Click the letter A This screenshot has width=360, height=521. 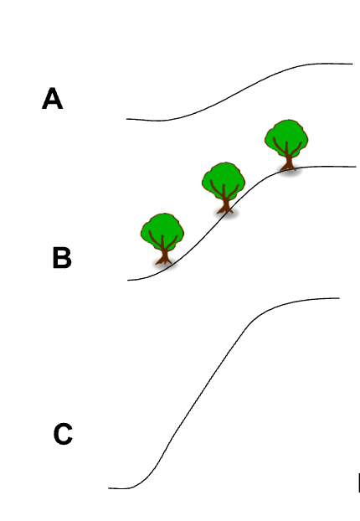pyautogui.click(x=52, y=98)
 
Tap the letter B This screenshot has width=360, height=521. pyautogui.click(x=62, y=257)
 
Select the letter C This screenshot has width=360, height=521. pyautogui.click(x=63, y=434)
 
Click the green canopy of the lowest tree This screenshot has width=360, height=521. pyautogui.click(x=162, y=230)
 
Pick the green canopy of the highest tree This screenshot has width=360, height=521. pyautogui.click(x=286, y=137)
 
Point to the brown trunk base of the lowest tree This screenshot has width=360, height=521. pyautogui.click(x=164, y=259)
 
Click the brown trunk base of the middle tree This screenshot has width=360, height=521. pyautogui.click(x=225, y=208)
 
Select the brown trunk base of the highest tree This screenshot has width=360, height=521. pyautogui.click(x=288, y=165)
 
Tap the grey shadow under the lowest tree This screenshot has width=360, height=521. pyautogui.click(x=165, y=265)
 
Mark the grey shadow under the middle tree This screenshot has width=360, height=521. pyautogui.click(x=227, y=214)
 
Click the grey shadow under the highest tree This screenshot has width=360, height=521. pyautogui.click(x=290, y=171)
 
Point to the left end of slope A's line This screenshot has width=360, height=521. pyautogui.click(x=126, y=119)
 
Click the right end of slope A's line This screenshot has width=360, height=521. pyautogui.click(x=352, y=64)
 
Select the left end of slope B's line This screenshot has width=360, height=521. pyautogui.click(x=128, y=280)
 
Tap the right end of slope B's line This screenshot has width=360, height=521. pyautogui.click(x=356, y=167)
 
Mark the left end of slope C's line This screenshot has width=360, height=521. pyautogui.click(x=109, y=488)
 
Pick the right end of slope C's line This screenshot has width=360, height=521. pyautogui.click(x=339, y=298)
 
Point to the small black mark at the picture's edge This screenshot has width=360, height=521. pyautogui.click(x=358, y=482)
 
